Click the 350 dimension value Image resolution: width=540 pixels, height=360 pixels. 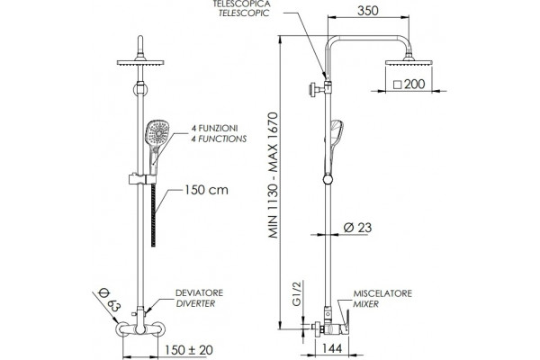pos(368,11)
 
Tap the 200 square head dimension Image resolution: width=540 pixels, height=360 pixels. pos(409,84)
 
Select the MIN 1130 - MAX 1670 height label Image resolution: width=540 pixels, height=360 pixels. pos(274,175)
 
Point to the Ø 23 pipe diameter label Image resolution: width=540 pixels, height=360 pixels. pos(357,228)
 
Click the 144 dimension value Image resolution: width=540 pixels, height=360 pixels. pos(332,348)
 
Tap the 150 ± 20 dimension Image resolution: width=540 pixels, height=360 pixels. pos(189,350)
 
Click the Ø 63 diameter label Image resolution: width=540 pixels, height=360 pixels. pos(109,301)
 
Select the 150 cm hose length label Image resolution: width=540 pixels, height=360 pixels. pos(206,190)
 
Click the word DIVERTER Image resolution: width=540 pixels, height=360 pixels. pos(195,303)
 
